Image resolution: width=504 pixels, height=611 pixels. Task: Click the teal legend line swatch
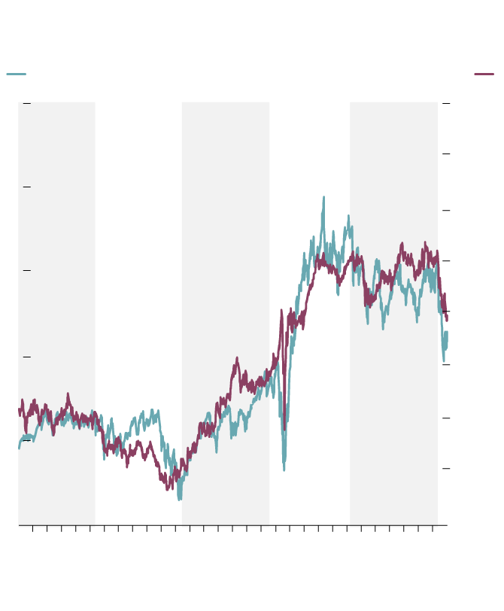point(16,74)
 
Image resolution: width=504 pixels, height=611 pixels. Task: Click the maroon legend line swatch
point(484,74)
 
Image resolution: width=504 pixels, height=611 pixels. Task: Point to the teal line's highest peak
point(323,198)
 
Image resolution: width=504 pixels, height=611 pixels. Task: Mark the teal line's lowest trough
point(179,499)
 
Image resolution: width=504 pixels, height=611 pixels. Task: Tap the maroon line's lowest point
point(170,489)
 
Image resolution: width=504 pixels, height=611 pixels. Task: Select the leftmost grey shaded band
point(56,226)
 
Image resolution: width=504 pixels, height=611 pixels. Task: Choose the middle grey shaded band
point(226,226)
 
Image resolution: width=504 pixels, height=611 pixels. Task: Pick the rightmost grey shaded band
point(393,188)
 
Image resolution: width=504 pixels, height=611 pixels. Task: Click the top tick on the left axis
point(26,103)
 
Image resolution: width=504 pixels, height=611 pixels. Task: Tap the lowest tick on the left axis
point(26,441)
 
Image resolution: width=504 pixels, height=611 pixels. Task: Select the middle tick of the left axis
point(26,270)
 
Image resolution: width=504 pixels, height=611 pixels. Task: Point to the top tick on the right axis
point(446,103)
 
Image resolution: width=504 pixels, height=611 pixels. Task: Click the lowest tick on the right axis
point(446,468)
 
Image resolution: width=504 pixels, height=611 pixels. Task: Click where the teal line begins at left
point(19,448)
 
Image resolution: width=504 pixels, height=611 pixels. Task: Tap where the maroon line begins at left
point(19,410)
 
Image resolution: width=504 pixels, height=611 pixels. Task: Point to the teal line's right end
point(447,333)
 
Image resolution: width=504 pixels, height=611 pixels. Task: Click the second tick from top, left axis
point(26,187)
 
